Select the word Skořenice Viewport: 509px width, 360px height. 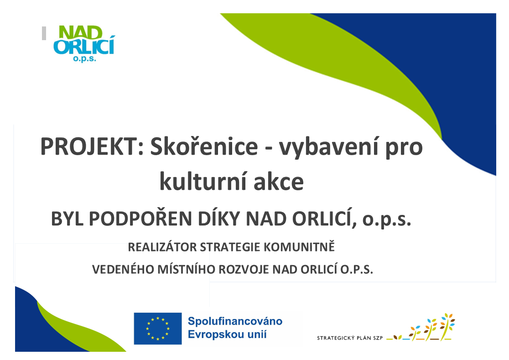(x=204, y=146)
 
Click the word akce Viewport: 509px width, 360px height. (x=279, y=182)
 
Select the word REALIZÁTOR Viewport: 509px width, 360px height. (x=162, y=247)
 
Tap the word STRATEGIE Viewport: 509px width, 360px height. (x=230, y=247)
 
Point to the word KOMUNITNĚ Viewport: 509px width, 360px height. (x=299, y=247)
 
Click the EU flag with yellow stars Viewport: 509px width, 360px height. (x=158, y=329)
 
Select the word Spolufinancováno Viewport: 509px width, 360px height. (x=235, y=321)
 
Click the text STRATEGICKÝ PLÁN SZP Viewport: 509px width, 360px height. (x=350, y=338)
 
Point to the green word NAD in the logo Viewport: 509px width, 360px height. (x=81, y=33)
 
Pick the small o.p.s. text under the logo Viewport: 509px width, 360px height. (x=84, y=59)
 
